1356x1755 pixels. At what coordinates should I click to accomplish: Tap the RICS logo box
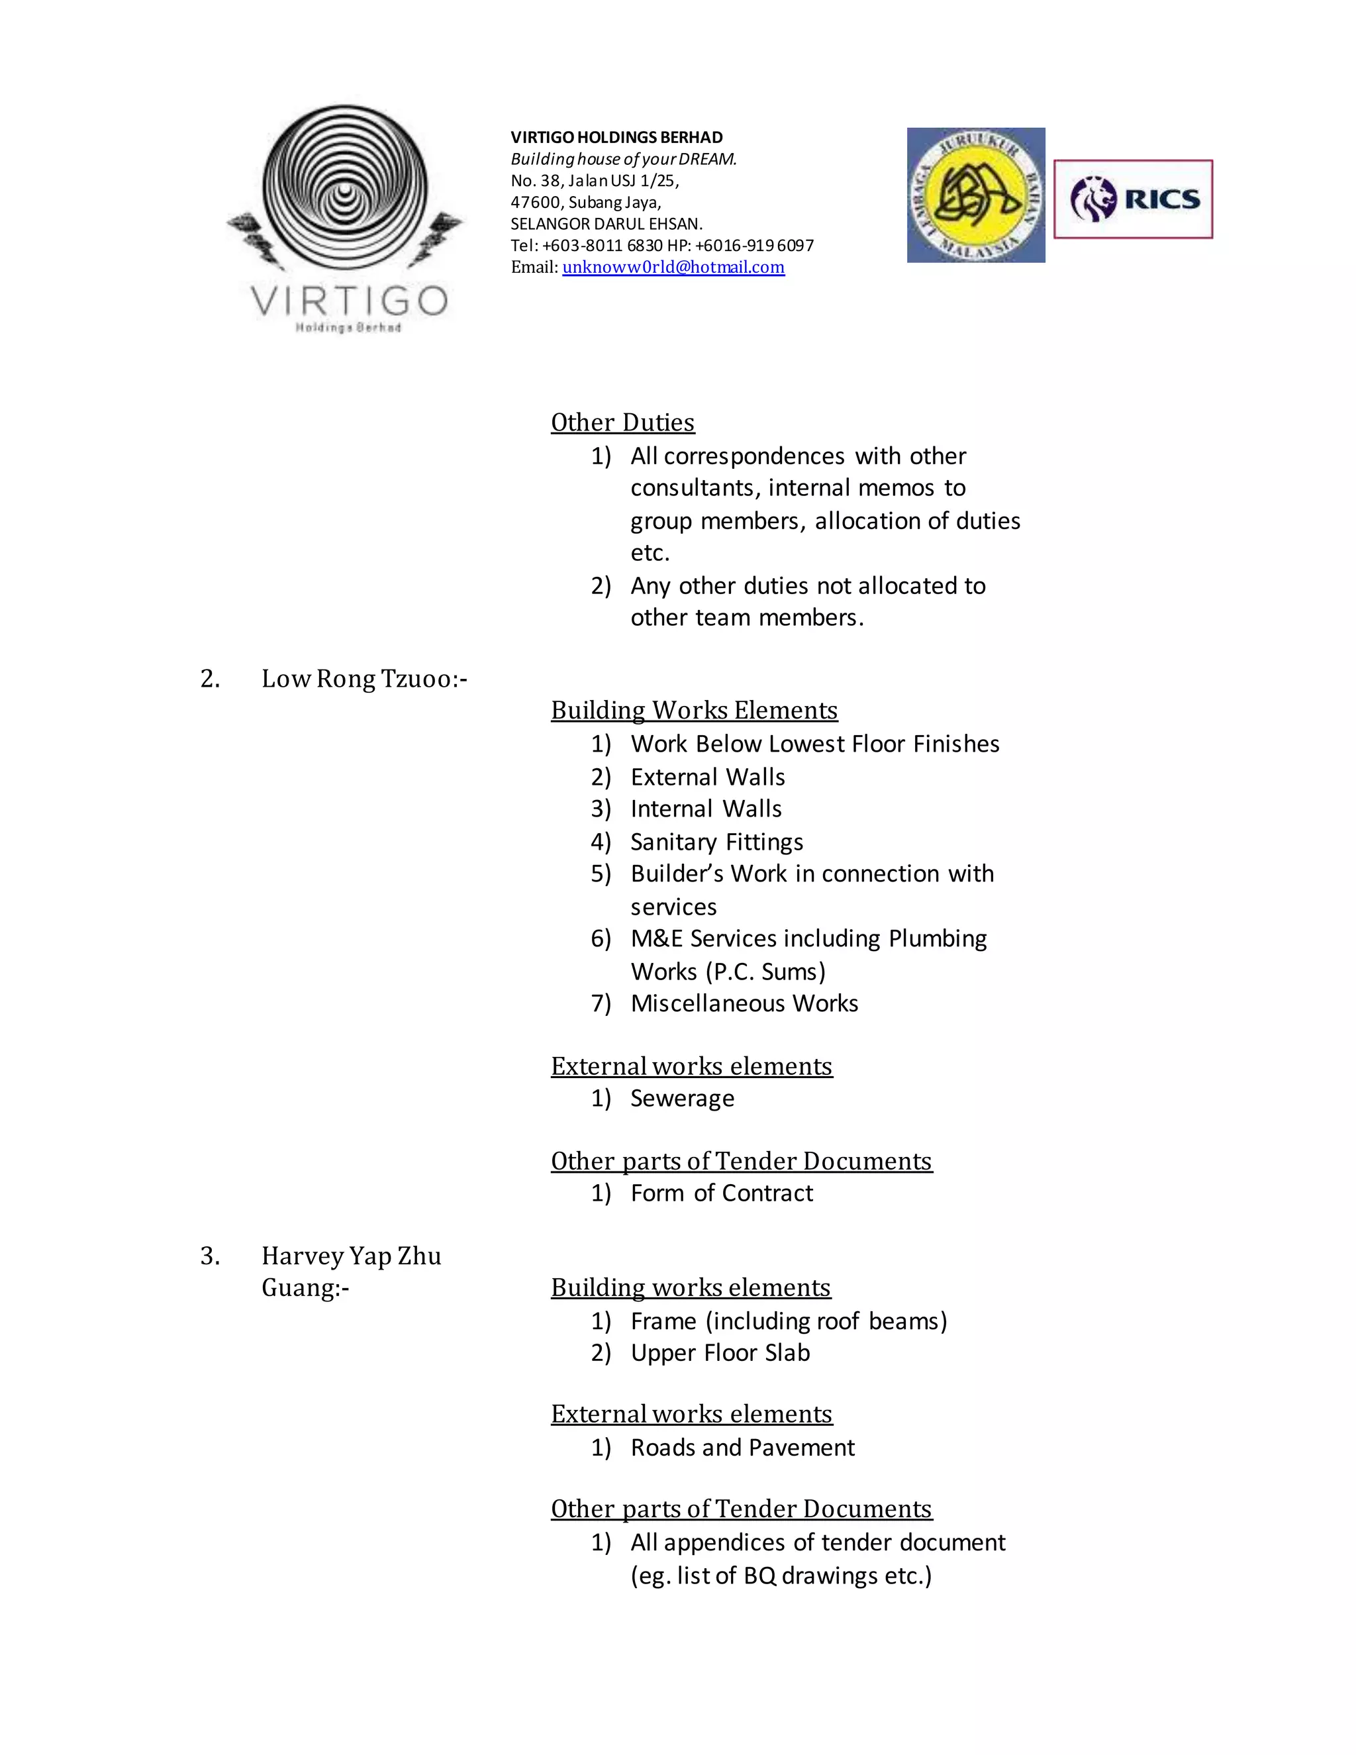click(x=1133, y=199)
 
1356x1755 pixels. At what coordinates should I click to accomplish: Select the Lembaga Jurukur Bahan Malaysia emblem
click(x=976, y=195)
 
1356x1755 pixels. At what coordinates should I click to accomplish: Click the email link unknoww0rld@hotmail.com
click(x=673, y=268)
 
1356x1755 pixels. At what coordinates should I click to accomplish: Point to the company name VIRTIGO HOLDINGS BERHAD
click(x=616, y=137)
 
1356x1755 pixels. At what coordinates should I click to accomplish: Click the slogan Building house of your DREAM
click(x=623, y=159)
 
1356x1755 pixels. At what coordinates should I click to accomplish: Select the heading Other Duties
click(x=622, y=423)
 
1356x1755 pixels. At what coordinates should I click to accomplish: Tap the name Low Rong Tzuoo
click(x=363, y=679)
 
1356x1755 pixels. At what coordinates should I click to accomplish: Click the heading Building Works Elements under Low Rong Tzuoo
click(x=694, y=711)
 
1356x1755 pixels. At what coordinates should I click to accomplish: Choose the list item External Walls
click(x=708, y=777)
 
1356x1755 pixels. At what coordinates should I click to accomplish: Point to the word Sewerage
click(x=682, y=1099)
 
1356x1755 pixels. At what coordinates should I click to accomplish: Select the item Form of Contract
click(x=722, y=1193)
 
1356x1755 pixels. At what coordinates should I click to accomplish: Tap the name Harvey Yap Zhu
click(x=351, y=1256)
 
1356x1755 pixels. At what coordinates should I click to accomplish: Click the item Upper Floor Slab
click(x=720, y=1353)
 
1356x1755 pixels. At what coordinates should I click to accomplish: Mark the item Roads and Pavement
click(x=742, y=1448)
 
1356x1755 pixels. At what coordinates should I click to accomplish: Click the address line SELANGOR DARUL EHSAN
click(x=606, y=225)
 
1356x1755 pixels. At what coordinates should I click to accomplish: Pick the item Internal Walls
click(x=706, y=809)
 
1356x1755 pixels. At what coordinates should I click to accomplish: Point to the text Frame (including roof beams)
click(x=789, y=1321)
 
